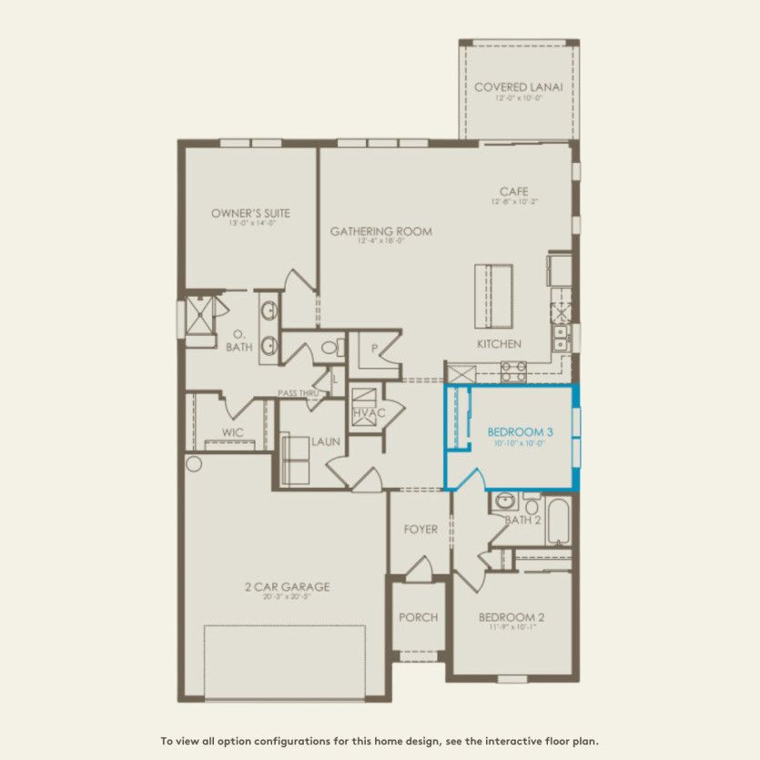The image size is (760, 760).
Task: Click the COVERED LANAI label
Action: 518,86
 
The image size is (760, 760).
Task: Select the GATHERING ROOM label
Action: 380,231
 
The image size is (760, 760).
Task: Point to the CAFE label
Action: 513,191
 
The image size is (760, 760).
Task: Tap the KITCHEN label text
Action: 500,343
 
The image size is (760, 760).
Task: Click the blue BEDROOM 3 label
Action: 520,431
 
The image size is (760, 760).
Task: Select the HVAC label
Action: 369,412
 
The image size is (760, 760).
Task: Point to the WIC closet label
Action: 232,432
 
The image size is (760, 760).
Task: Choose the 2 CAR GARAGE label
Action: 287,586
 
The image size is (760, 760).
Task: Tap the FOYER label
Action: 421,529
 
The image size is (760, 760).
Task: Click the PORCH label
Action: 419,617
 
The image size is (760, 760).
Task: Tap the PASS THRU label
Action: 297,392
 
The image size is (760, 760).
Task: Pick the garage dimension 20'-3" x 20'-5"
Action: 287,598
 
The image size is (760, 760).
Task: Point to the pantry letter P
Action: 374,349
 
